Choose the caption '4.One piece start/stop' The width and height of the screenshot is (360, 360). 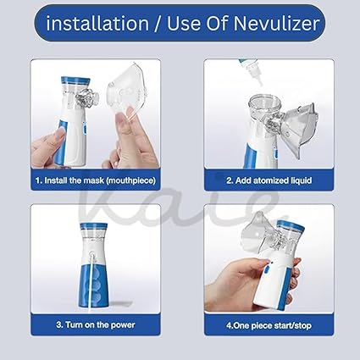click(259, 324)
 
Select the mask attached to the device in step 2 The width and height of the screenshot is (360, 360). click(292, 119)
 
